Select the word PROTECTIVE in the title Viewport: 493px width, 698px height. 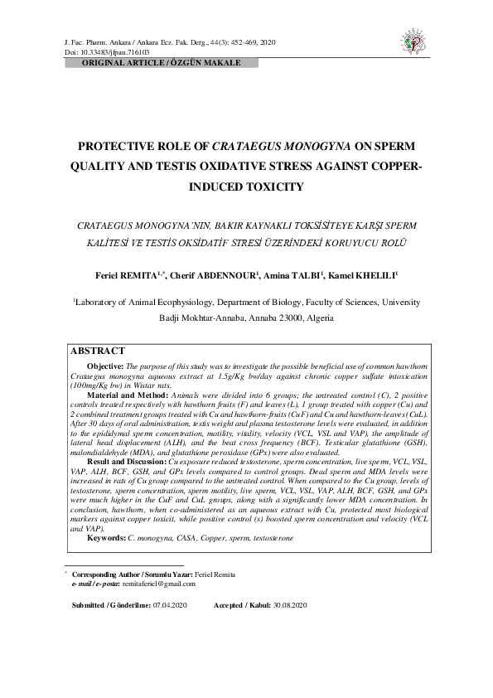(117, 145)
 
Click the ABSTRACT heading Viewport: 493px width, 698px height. (98, 351)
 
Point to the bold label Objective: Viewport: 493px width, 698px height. (105, 366)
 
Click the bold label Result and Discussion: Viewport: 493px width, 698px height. (127, 460)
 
